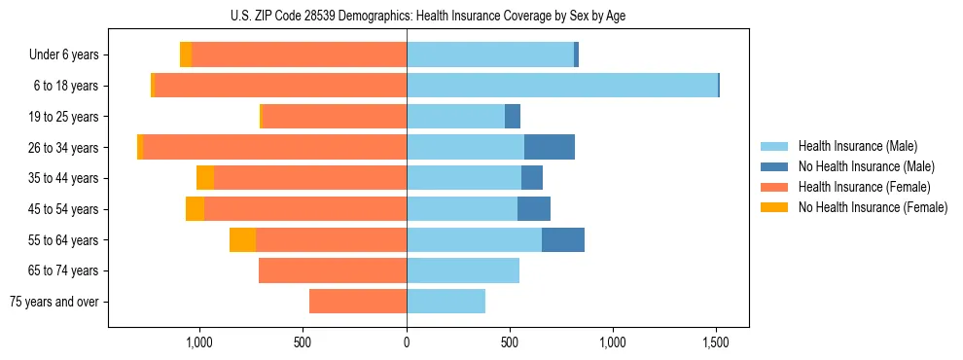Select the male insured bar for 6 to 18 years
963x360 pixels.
pos(561,86)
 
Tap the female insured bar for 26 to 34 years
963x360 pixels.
pos(274,147)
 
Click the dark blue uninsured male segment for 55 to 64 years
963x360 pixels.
pos(563,239)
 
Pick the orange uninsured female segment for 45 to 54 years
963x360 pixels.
pos(195,208)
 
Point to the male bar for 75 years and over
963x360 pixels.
pos(446,302)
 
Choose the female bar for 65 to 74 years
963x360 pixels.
pos(333,270)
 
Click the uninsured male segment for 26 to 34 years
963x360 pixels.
pos(550,147)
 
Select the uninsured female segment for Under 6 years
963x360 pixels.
pos(186,54)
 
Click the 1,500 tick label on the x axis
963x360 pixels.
pos(717,342)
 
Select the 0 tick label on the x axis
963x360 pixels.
pos(407,342)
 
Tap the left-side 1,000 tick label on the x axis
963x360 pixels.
pos(199,342)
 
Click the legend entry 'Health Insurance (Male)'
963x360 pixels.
pos(857,146)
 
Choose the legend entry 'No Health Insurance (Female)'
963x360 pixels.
pos(873,207)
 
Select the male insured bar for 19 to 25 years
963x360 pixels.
pos(455,117)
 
